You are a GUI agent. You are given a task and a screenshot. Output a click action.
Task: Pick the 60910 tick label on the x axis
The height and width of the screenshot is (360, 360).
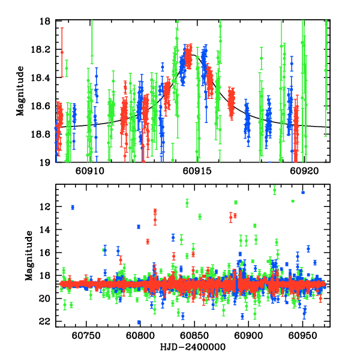[x=91, y=170]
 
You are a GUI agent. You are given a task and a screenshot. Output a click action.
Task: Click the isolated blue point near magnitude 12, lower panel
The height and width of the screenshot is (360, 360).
[x=73, y=208]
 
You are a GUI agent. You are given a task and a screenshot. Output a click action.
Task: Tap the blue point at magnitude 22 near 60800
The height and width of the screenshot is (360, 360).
[x=139, y=322]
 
